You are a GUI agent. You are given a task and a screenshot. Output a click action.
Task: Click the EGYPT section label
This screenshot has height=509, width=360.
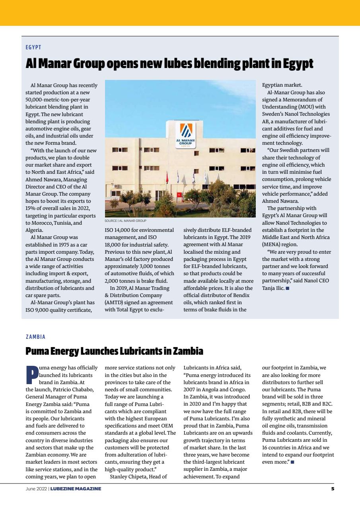(x=33, y=47)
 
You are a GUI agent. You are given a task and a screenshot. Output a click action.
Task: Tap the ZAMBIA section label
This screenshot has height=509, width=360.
(x=35, y=337)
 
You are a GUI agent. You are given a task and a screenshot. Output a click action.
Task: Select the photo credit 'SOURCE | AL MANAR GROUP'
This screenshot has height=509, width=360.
(x=125, y=221)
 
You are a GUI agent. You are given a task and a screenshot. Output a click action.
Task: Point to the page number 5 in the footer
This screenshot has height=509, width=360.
(x=333, y=489)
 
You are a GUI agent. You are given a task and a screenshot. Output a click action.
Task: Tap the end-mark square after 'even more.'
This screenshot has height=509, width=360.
(x=292, y=462)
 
